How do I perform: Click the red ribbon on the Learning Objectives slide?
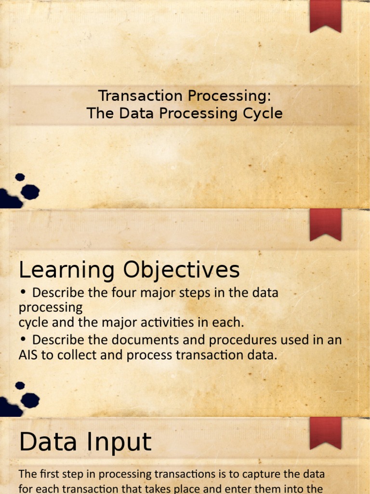pos(325,225)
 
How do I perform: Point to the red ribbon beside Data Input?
pos(325,432)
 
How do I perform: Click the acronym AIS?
pos(29,356)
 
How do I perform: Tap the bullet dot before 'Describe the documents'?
pos(23,340)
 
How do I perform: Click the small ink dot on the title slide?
pos(20,177)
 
